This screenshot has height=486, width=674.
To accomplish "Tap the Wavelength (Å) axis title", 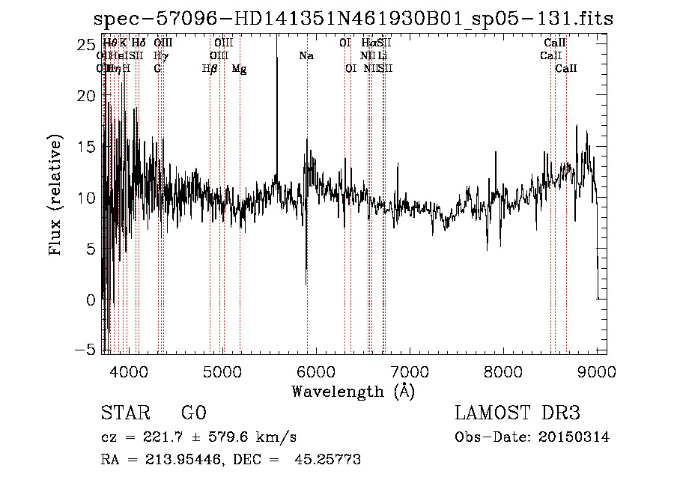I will pos(353,391).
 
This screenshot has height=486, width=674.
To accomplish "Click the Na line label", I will pos(306,56).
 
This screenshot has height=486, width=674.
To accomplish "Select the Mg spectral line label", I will pos(239,69).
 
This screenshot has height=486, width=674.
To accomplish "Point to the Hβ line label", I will pos(210,69).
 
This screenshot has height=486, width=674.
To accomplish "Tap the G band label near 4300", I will pos(157,69).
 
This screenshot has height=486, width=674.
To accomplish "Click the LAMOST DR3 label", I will pos(517,413).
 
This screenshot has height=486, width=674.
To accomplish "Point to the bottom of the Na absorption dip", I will pos(306,285).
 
